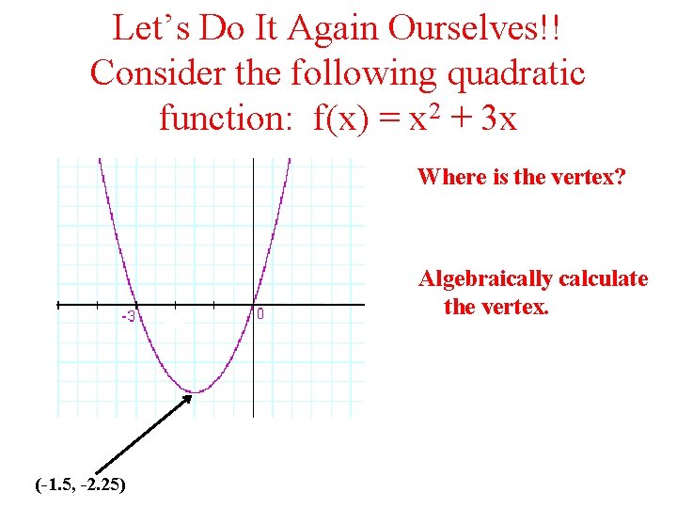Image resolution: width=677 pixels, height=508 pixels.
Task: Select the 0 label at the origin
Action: (260, 315)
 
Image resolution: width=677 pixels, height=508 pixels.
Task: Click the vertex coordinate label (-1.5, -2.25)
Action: (81, 485)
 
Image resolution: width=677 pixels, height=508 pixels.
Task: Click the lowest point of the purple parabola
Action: (195, 391)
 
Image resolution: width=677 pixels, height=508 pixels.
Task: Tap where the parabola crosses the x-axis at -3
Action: (136, 305)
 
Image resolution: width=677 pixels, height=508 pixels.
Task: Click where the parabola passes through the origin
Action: (254, 305)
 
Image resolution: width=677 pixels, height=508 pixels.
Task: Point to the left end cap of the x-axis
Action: (58, 305)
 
